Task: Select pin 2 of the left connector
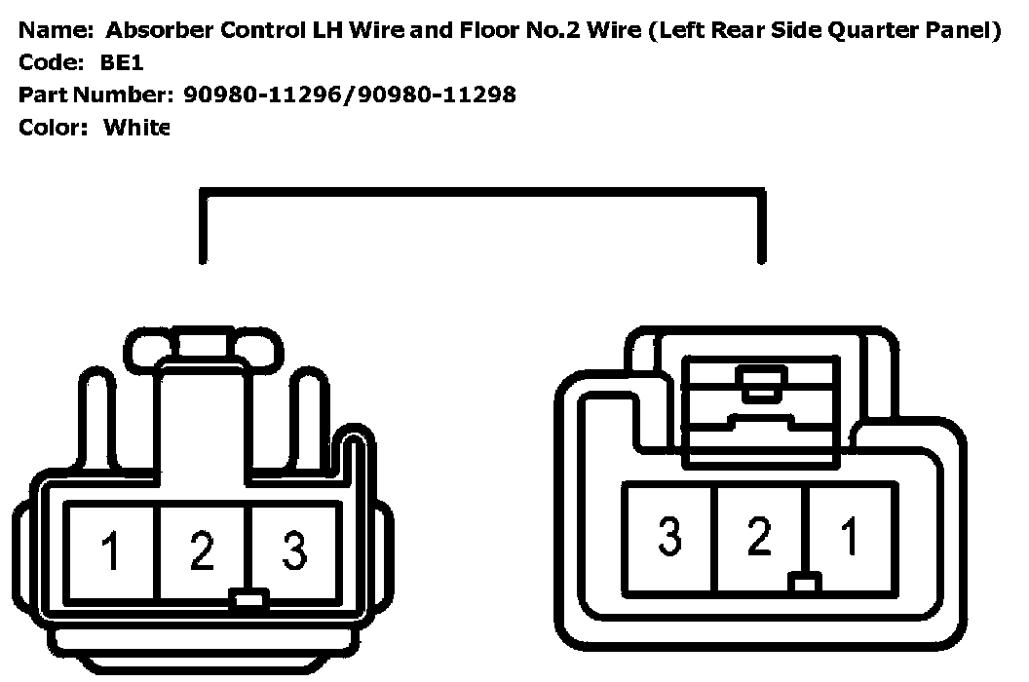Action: [x=202, y=550]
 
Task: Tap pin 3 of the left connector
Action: [x=293, y=550]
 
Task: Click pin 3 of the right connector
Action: [x=668, y=538]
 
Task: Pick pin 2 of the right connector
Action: [x=759, y=538]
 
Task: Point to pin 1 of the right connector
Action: [x=850, y=538]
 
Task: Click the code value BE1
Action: [x=121, y=62]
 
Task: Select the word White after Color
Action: [x=136, y=127]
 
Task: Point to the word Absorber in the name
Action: [x=158, y=30]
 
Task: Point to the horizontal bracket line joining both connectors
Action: [x=481, y=193]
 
